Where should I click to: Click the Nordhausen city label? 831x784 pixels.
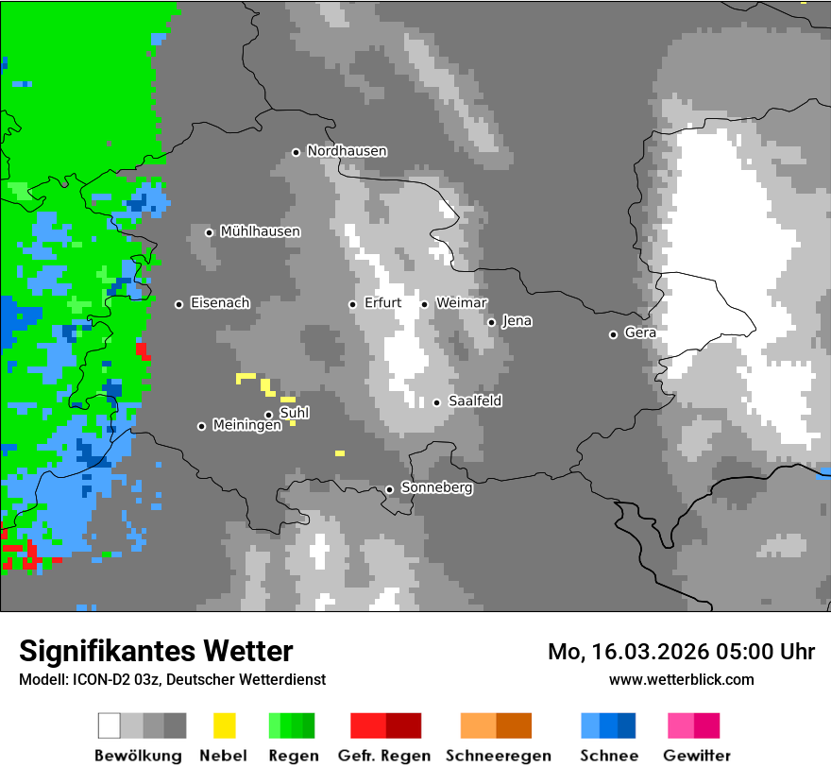click(347, 151)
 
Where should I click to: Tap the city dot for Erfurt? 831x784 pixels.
click(352, 304)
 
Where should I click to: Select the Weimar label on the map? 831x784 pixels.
click(461, 302)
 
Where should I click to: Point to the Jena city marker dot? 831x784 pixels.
click(491, 322)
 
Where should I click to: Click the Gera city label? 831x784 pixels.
click(640, 332)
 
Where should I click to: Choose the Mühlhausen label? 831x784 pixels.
click(260, 231)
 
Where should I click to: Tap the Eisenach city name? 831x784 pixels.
click(220, 303)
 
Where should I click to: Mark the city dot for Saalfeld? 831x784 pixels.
click(436, 402)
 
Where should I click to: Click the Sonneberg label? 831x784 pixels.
click(436, 488)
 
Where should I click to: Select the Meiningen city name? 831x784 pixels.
click(246, 426)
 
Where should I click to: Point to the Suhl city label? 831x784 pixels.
click(295, 413)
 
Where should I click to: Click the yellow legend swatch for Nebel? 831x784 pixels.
click(225, 725)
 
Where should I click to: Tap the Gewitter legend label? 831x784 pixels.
click(697, 756)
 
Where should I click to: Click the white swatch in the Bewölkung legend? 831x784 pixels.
click(110, 725)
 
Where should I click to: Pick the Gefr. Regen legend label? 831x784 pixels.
click(384, 756)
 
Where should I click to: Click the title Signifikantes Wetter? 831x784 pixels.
click(156, 651)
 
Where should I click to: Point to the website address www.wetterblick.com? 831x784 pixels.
click(681, 679)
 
